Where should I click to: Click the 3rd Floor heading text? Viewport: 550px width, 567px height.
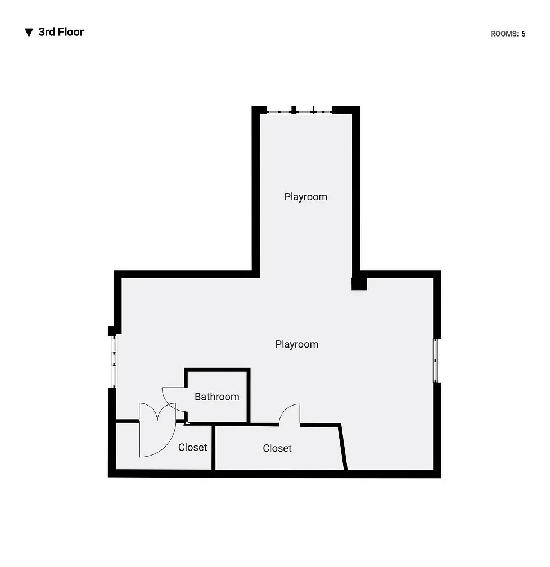tap(61, 32)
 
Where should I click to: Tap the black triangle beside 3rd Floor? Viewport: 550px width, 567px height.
tap(29, 33)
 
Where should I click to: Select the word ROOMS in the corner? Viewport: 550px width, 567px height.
tap(504, 34)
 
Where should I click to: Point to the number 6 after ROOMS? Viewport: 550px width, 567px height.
tap(523, 34)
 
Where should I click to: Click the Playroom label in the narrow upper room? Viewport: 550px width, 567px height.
tap(305, 197)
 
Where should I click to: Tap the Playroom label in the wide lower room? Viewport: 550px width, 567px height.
tap(297, 344)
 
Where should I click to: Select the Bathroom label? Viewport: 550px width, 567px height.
tap(217, 397)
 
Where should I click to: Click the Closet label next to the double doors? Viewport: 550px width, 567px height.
tap(193, 448)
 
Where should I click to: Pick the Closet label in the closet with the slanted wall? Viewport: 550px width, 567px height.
tap(277, 448)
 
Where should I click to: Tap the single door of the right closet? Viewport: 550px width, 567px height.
tap(290, 415)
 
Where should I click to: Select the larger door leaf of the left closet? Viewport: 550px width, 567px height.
tap(157, 439)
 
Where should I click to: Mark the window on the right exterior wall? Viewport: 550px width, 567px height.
tap(436, 361)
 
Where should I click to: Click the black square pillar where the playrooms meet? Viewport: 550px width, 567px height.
tap(359, 284)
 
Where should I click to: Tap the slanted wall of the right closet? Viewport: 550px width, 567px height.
tap(343, 448)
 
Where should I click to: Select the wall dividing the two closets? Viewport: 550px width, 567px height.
tap(214, 448)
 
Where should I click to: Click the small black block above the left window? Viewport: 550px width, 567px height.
tap(112, 331)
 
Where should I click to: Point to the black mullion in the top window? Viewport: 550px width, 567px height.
tap(294, 110)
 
